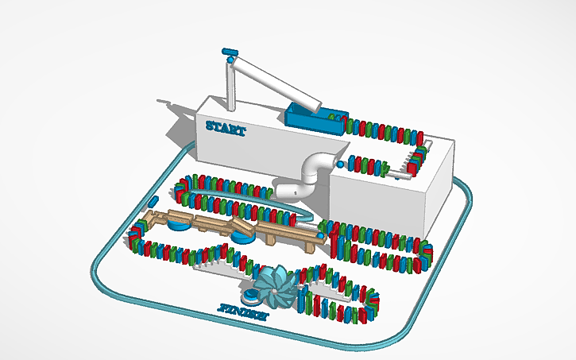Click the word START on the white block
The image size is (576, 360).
[x=226, y=126]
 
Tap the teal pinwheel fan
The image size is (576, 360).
[x=275, y=287]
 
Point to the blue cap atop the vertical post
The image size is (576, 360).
[x=230, y=52]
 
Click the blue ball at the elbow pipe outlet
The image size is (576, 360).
[x=341, y=164]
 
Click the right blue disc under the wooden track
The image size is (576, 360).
[x=242, y=235]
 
